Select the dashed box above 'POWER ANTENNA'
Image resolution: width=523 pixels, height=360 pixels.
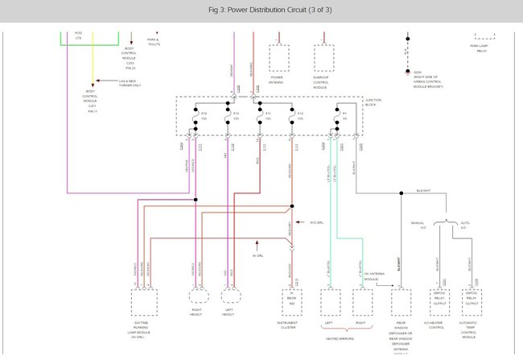278,58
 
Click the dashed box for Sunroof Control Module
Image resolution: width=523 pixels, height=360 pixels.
324,58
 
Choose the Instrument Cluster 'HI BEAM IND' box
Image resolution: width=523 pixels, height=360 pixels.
291,301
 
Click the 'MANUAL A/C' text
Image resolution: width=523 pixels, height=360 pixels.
417,226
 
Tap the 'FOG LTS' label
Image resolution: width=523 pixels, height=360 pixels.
78,36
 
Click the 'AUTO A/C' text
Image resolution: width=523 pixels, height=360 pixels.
463,226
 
